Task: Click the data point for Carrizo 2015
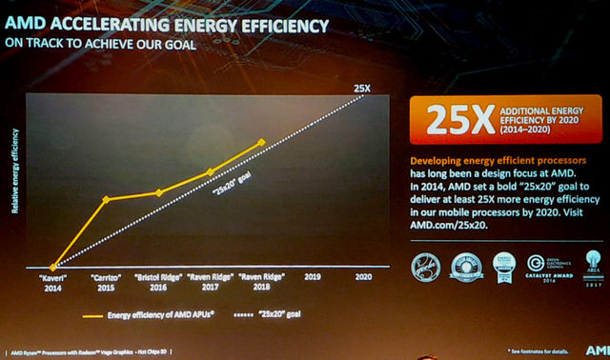(x=106, y=199)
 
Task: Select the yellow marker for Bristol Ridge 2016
(x=158, y=192)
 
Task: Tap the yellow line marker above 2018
(x=262, y=143)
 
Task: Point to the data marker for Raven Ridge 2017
(x=211, y=172)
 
